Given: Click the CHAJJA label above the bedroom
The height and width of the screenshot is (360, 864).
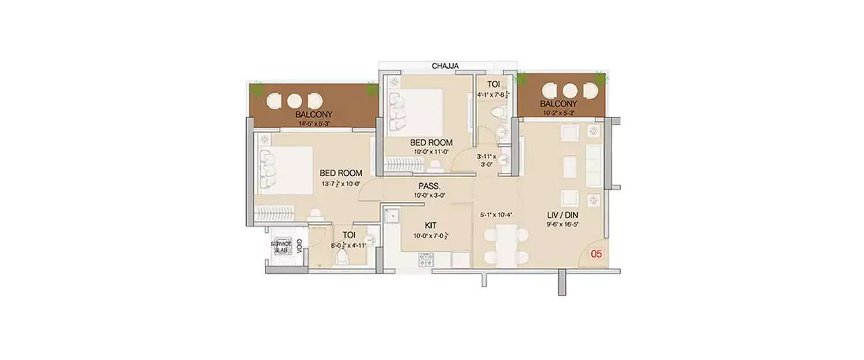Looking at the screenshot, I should coord(445,66).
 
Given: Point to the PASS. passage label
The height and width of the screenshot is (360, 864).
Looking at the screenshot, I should coord(430,186).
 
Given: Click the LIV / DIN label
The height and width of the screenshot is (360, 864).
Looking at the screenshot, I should coord(563,215).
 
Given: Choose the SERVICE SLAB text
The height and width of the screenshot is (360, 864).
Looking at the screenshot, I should coord(282,247).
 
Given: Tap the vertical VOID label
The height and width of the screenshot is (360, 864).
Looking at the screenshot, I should coord(300,247).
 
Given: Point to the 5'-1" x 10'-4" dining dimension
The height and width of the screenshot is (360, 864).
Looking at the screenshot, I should coord(496,215).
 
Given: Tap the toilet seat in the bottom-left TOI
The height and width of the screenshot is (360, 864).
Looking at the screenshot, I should coord(342,257).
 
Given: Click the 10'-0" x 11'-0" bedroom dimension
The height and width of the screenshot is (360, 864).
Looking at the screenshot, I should coord(431,152).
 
